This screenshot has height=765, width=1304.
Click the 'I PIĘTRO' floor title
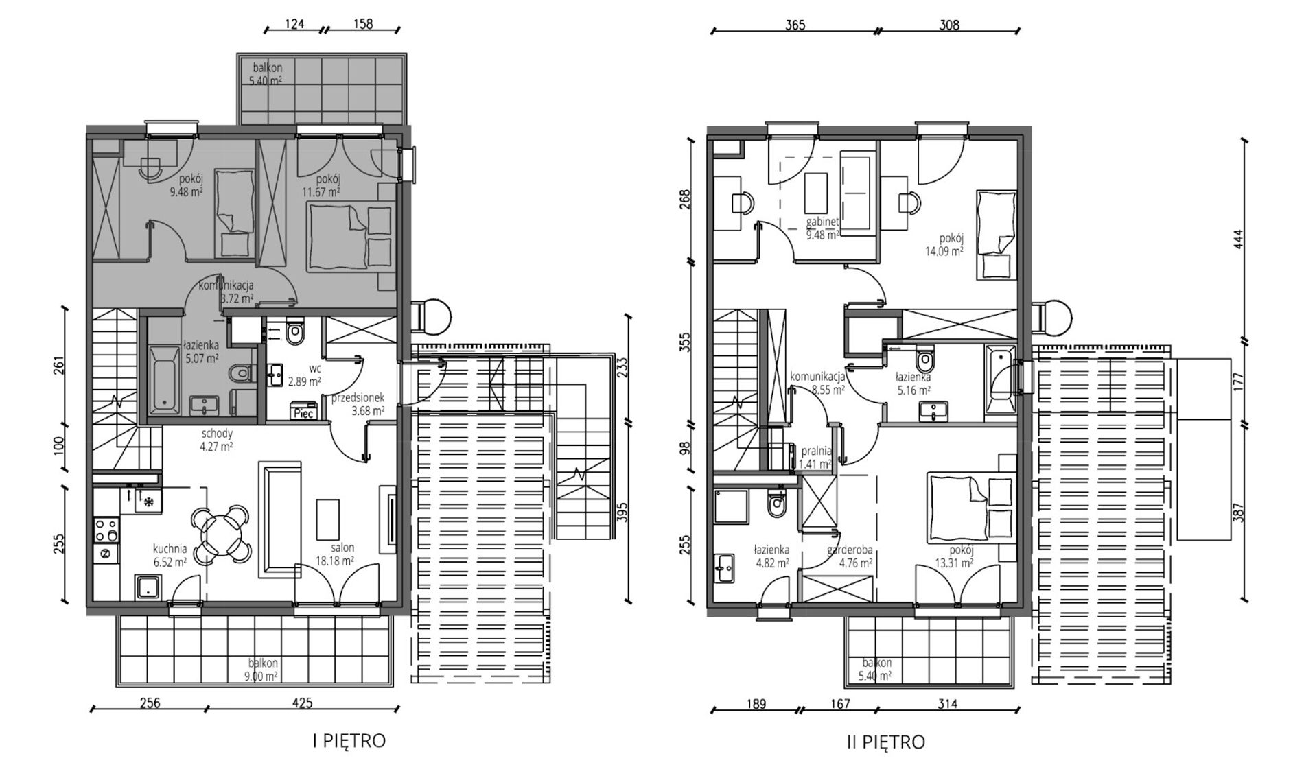pos(349,741)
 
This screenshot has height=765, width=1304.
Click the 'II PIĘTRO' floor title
pos(885,742)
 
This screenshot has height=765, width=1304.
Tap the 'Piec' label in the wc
pos(303,413)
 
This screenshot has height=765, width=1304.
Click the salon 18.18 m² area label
pos(334,554)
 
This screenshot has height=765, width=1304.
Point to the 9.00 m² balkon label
pos(263,669)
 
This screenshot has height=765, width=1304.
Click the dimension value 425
pos(302,703)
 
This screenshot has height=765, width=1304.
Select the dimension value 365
pos(795,25)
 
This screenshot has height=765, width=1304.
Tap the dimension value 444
pos(1237,239)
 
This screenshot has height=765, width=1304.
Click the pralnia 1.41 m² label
pos(817,457)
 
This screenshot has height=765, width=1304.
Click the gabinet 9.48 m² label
pos(823,228)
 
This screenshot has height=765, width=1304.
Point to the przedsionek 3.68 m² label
pos(358,404)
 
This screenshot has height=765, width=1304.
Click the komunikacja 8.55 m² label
pos(817,382)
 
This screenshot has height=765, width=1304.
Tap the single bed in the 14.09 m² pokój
pos(995,235)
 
